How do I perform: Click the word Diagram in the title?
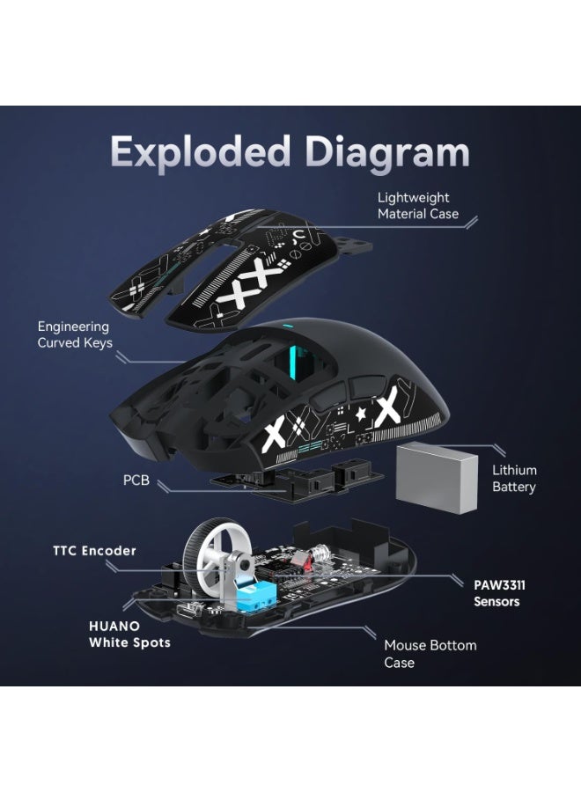tap(380, 152)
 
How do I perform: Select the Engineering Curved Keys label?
tap(74, 335)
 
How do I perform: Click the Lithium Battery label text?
tap(514, 479)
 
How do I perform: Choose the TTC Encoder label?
tap(94, 551)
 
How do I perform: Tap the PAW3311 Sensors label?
tap(496, 592)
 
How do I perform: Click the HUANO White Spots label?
tap(129, 634)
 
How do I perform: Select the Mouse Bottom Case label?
tap(430, 653)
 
